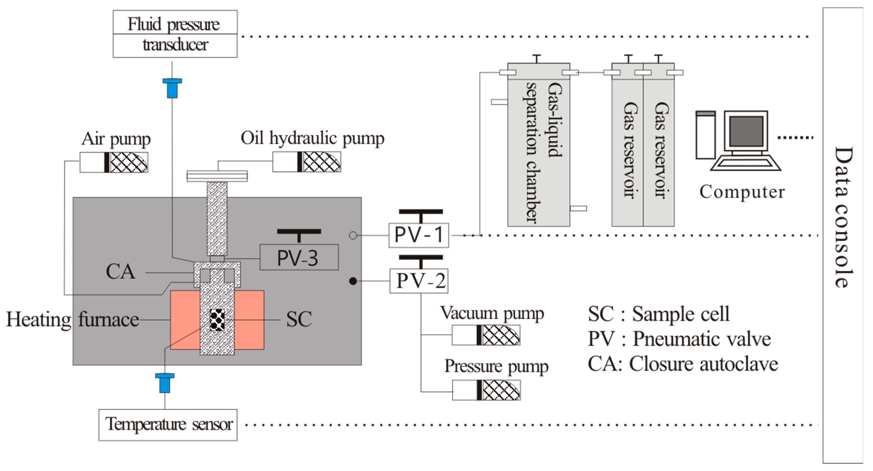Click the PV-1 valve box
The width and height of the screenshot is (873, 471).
(x=419, y=235)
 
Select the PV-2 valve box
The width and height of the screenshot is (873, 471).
(x=419, y=281)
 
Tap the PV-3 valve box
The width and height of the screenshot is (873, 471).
(x=299, y=257)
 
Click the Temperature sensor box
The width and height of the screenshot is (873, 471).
(x=168, y=425)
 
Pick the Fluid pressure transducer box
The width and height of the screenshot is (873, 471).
(x=175, y=34)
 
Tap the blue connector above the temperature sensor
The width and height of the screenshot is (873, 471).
(x=165, y=383)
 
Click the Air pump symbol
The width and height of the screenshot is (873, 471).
(x=114, y=162)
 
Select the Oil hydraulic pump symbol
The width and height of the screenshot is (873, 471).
(x=307, y=162)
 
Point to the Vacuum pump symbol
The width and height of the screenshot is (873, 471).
(x=486, y=335)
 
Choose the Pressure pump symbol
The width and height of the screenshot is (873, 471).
(x=486, y=390)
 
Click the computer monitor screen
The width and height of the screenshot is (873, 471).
(x=746, y=131)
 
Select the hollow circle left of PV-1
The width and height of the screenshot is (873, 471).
(x=353, y=235)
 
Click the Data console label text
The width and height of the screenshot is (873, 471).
(x=843, y=217)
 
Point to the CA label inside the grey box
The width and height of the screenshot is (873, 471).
(x=120, y=272)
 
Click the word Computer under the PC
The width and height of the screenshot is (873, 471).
(x=742, y=192)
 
